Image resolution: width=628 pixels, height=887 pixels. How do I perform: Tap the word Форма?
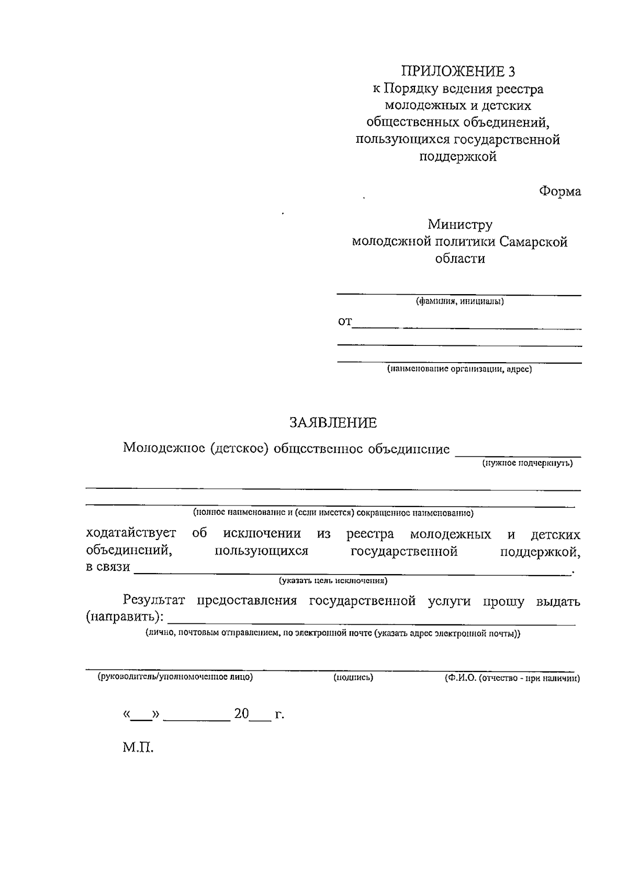(560, 192)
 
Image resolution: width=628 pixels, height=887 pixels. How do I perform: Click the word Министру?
(459, 225)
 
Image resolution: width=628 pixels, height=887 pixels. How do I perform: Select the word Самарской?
(533, 242)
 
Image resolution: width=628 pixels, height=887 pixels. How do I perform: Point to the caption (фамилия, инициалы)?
(459, 301)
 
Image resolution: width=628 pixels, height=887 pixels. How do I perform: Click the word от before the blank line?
(345, 321)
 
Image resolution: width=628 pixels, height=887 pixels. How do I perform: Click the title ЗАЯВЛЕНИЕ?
(333, 422)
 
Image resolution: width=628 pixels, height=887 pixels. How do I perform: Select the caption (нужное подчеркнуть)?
(527, 463)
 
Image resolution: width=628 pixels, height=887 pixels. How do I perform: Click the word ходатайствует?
(131, 534)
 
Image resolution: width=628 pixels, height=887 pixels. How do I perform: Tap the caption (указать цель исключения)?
(333, 580)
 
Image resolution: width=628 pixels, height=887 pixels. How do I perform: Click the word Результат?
(154, 601)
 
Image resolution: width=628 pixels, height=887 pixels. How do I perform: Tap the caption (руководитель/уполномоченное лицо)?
(175, 677)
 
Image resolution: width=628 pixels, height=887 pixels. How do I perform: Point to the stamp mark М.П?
(138, 747)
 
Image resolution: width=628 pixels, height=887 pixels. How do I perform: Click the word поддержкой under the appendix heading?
(458, 156)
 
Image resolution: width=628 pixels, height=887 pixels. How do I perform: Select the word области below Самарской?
(459, 259)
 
